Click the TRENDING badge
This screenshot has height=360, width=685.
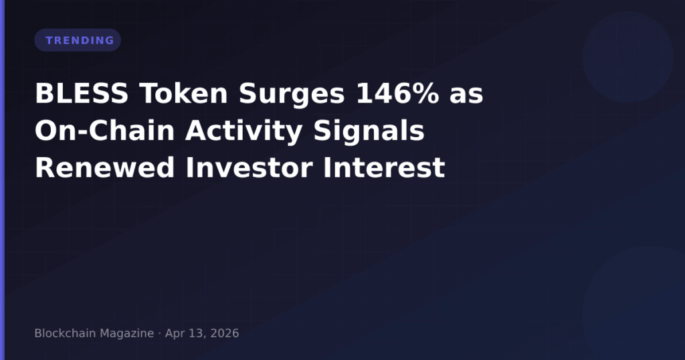point(78,40)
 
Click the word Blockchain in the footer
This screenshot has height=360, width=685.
point(64,333)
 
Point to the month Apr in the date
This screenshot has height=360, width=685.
point(174,333)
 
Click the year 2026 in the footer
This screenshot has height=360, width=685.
point(224,333)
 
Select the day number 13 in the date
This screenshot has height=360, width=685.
point(195,333)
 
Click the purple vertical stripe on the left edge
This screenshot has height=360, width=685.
point(2,180)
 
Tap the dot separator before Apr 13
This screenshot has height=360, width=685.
point(159,333)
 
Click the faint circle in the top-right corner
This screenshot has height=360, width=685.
point(627,57)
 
